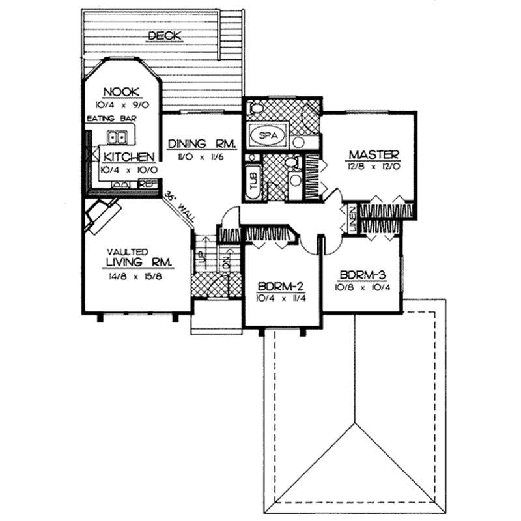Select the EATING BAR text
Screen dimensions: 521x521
107,119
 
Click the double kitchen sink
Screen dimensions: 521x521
118,138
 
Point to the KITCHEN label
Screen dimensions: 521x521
128,157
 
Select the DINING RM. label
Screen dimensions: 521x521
201,143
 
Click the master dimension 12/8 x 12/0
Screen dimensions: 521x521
373,166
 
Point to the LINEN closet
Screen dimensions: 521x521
351,218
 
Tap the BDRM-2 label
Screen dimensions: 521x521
281,286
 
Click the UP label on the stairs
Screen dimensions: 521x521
203,257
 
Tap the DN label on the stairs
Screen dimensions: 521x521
226,262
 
